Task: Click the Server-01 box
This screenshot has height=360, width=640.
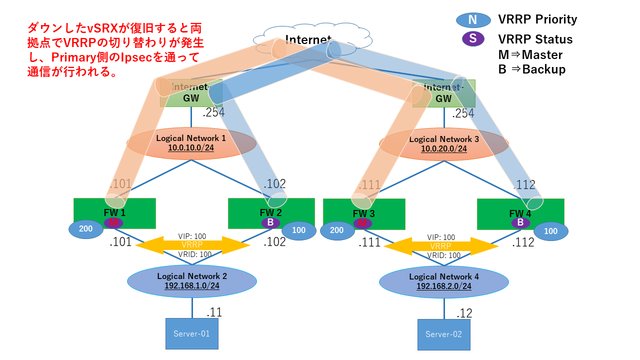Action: [x=192, y=333]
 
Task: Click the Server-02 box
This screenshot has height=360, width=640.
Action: [x=444, y=334]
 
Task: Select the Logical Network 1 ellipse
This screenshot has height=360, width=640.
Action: [x=191, y=143]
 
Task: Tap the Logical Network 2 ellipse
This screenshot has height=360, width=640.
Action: [x=192, y=281]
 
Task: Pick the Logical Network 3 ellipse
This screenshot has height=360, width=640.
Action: [x=444, y=144]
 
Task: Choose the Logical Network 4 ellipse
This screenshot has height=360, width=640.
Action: [x=444, y=281]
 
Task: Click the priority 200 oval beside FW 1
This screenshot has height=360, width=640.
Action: [x=86, y=229]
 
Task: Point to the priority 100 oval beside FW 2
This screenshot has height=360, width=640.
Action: [x=298, y=230]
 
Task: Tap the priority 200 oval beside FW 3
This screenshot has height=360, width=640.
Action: [x=336, y=230]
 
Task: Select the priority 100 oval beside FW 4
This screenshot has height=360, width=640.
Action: [x=550, y=231]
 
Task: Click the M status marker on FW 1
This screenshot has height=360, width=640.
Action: [x=113, y=223]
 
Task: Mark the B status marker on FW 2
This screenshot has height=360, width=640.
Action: [x=270, y=223]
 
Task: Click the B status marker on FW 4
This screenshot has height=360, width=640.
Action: [x=520, y=223]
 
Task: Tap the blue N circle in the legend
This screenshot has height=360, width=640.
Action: [x=473, y=20]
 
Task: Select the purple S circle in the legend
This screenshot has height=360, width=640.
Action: [x=473, y=38]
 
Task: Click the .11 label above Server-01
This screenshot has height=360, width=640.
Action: [x=214, y=312]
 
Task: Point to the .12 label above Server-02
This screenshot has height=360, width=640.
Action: [x=464, y=313]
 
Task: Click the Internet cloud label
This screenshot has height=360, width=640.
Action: [x=308, y=39]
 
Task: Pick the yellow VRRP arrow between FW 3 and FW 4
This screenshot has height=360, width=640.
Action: [x=441, y=246]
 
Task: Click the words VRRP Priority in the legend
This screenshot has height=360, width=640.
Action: [x=537, y=19]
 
